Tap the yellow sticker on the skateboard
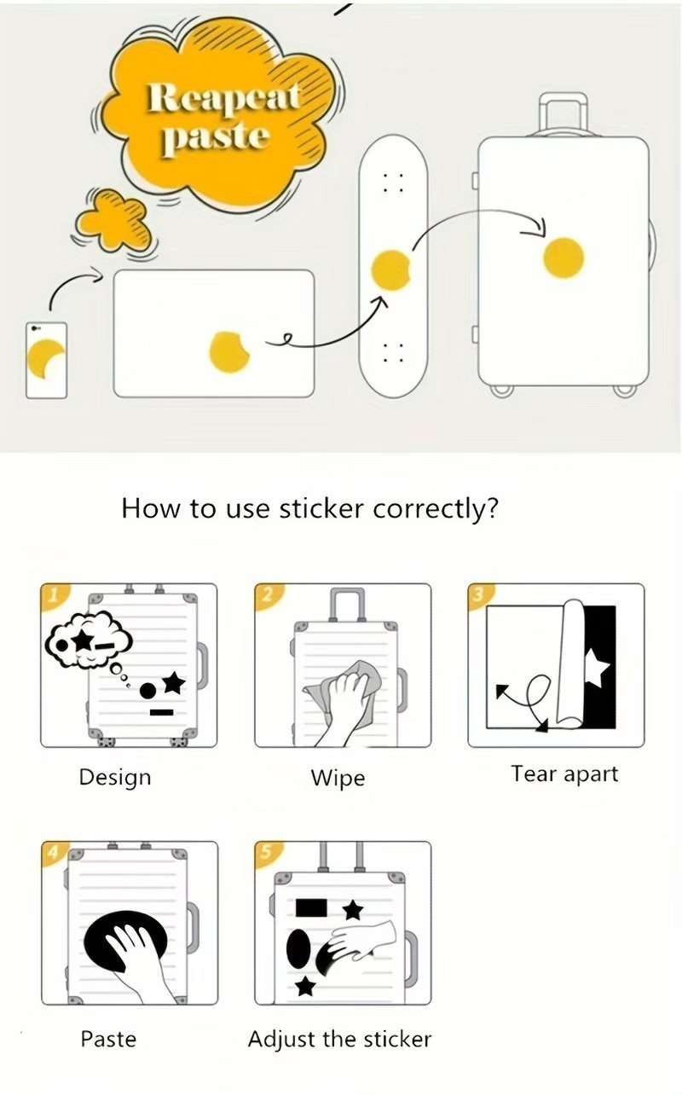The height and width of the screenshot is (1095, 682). point(390,269)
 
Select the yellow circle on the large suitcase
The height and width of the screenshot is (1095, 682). point(564,258)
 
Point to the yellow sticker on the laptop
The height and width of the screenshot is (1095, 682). point(229,352)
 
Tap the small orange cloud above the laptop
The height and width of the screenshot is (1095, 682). point(113,219)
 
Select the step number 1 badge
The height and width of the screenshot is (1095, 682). point(53,595)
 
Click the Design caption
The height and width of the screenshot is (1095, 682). point(115,778)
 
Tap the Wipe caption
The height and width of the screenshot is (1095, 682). point(338,778)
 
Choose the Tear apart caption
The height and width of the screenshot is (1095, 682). point(564,773)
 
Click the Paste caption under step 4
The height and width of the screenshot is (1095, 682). point(108,1039)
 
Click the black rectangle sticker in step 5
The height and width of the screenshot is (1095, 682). point(311,907)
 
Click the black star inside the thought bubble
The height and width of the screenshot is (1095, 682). point(82,640)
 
